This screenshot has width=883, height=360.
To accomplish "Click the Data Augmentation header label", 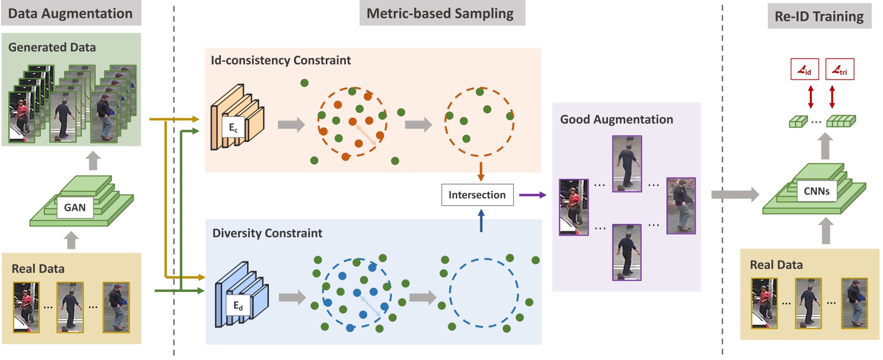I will tap(71, 14).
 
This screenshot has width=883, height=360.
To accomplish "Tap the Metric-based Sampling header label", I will tap(440, 14).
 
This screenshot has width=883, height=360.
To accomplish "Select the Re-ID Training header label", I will tap(819, 16).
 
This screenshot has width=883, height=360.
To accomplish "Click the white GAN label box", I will tap(75, 207).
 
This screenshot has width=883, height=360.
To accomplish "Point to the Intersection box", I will tap(477, 195).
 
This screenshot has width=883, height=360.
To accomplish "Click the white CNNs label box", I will tap(816, 191).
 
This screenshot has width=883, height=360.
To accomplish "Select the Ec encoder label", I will tap(233, 128).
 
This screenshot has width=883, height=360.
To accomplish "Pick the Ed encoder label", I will tap(238, 306).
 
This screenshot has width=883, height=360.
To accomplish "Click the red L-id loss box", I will tap(804, 70).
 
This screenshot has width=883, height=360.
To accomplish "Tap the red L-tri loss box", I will tap(839, 70).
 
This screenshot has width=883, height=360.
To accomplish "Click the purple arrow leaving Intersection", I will tap(533, 195).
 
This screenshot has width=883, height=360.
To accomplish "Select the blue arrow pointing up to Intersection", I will tap(481, 221).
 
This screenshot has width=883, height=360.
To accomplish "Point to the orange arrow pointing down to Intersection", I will tap(480, 172).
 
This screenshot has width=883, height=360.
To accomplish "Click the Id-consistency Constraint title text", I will tap(281, 60).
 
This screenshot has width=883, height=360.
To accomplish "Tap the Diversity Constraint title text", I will tap(267, 234).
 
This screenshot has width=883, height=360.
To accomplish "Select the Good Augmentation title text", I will tap(616, 120).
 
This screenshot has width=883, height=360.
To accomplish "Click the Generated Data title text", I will tap(52, 48).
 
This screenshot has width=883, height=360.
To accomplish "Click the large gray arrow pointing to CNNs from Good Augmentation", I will tap(734, 194).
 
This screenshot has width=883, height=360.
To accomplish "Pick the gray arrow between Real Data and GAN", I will tap(72, 240).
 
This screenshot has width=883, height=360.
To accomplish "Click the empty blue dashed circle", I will tap(484, 292).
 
